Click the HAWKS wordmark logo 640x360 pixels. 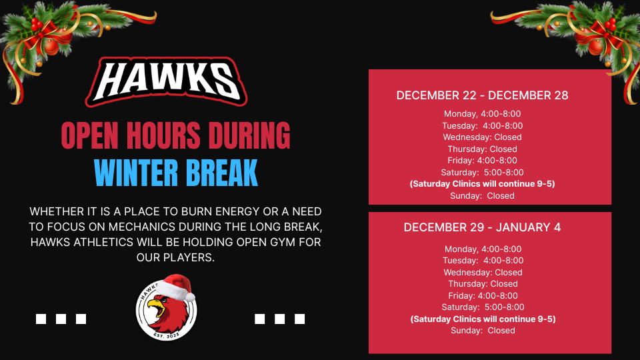[x=166, y=81]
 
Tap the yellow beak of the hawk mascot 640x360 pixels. [x=155, y=306]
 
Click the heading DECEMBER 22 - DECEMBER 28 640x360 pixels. [x=482, y=95]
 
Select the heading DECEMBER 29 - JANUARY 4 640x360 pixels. [x=482, y=227]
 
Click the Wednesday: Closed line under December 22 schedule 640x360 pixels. [x=482, y=137]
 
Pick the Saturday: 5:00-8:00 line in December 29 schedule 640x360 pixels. [x=483, y=307]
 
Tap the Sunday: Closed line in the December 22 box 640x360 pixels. [x=482, y=196]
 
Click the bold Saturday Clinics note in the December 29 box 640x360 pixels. [x=483, y=319]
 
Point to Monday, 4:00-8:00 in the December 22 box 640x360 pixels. [x=482, y=114]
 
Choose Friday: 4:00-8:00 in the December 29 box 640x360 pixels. [x=483, y=295]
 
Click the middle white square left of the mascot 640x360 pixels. [x=61, y=319]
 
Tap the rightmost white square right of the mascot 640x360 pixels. [x=299, y=319]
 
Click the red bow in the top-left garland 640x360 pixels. [x=44, y=33]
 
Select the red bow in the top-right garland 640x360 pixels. [x=599, y=33]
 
